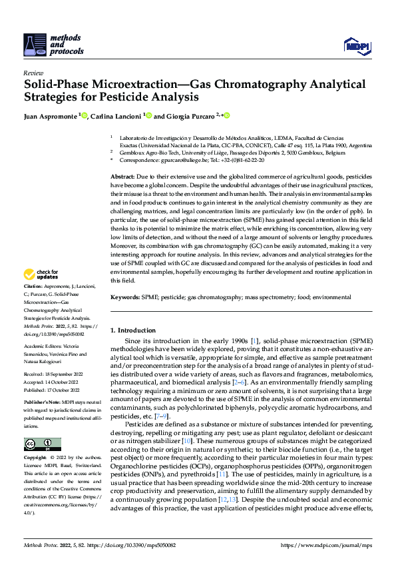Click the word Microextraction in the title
(x=128, y=85)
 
